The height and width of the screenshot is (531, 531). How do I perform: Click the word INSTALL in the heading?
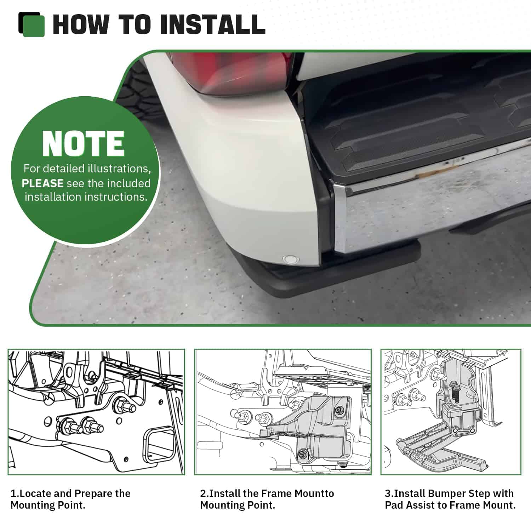click(213, 25)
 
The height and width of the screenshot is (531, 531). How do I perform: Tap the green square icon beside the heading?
click(33, 25)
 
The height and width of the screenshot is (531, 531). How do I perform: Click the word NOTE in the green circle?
click(83, 144)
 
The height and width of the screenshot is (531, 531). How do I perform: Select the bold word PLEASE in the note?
click(42, 183)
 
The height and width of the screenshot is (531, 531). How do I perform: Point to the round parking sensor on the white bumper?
click(290, 259)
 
